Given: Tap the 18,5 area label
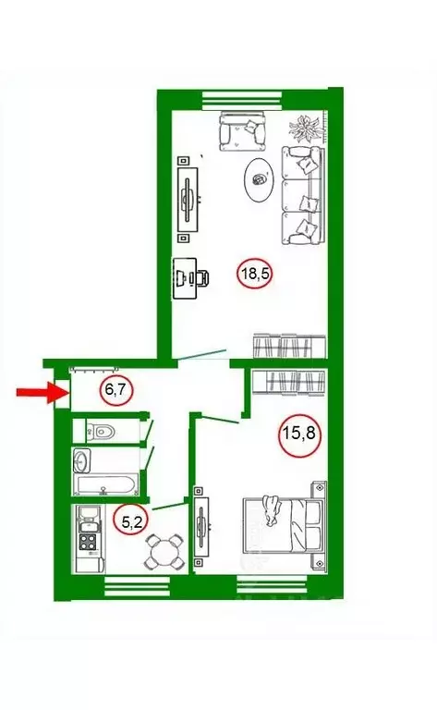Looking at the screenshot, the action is pos(255,274).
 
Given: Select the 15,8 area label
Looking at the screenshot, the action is pos(299,435).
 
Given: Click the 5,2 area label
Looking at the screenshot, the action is pos(132,521).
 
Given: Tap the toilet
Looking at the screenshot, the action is pos(101,431).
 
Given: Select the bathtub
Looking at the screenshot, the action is pos(107,485).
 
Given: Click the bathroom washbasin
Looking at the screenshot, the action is pos(82,460).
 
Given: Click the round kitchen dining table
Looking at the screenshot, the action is pos(164,552).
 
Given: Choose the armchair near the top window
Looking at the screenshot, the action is pos(242,131).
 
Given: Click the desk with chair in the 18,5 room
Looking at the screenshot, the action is pos(191,278).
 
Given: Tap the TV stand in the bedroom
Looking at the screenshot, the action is pos(200,527).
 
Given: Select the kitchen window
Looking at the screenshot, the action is pos(137,587).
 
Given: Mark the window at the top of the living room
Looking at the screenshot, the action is pos(242,101).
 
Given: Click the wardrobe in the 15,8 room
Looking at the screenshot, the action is pos(288,382).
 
